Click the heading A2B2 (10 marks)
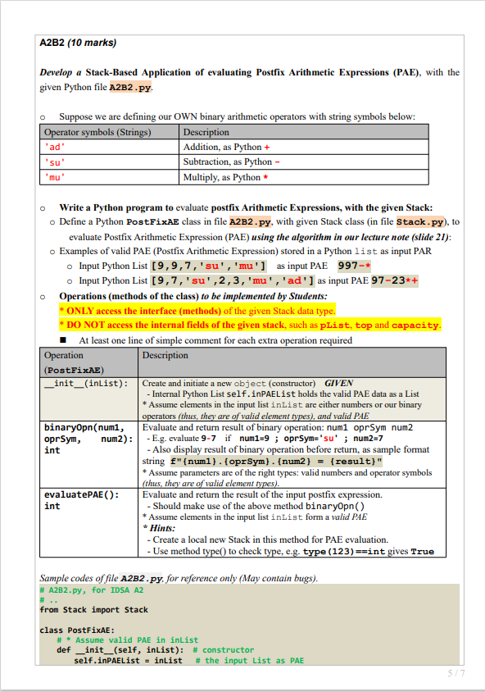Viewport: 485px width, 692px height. [78, 42]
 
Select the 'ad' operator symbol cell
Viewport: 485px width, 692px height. [55, 147]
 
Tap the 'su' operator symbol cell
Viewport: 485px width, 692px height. [55, 162]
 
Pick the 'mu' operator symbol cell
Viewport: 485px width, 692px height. [55, 176]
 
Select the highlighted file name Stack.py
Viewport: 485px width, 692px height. [421, 221]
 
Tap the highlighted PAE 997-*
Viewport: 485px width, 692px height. [354, 266]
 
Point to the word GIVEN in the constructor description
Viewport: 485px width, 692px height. [338, 384]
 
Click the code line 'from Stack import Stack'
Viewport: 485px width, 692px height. [93, 609]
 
